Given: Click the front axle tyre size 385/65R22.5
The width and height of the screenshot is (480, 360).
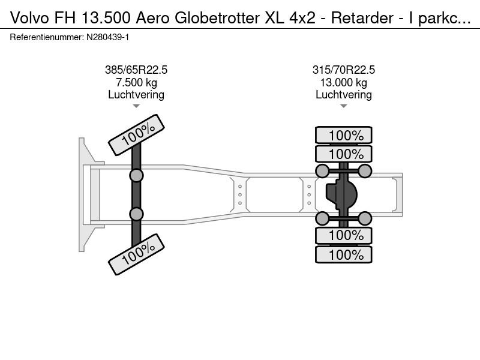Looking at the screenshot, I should (136, 70).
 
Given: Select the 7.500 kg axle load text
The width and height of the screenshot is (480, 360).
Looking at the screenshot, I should (136, 82).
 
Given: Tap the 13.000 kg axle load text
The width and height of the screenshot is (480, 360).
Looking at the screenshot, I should (344, 82).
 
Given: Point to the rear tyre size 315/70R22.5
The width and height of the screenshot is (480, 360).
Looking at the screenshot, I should (344, 70).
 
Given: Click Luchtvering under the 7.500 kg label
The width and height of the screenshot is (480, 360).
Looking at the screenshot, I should (136, 94).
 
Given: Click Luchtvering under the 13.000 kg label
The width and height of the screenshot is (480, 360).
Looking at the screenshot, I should (344, 94).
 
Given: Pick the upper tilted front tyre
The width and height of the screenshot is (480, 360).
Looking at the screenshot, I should (136, 134).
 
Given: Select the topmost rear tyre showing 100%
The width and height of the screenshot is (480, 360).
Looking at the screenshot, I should (344, 135).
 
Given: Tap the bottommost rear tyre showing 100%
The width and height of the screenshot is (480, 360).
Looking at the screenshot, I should (344, 254).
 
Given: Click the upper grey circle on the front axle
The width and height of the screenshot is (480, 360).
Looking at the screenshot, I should (137, 175).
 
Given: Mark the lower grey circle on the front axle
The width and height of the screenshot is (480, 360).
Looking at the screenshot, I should (137, 214).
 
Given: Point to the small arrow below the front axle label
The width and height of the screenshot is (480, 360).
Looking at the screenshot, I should (136, 106).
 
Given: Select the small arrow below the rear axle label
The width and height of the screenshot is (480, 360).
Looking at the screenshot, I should (344, 106).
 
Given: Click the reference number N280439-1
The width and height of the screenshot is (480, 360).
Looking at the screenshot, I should (108, 37).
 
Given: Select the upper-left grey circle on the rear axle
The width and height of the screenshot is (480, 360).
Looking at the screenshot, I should (322, 172).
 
